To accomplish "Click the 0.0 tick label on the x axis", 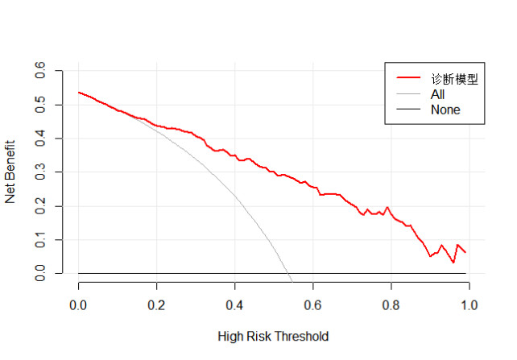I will coord(79,305).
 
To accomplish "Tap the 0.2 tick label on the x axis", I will coord(157,305).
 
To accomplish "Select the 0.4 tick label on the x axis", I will coord(235,305).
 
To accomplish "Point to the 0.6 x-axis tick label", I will coord(313,305).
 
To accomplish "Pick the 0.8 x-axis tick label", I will coord(391,305).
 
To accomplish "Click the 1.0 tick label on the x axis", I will coord(469,305).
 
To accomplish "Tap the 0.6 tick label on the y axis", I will coord(39,72).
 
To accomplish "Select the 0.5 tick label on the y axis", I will coord(39,106).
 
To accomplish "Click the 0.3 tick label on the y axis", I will coord(39,172).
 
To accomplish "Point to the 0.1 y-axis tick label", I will coord(39,240).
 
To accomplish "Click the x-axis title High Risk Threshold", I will coord(273,336).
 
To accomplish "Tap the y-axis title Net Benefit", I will coord(11,172).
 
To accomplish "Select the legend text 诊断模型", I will coord(454,79).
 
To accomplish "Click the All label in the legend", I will coord(438,94).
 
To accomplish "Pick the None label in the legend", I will coord(445,110).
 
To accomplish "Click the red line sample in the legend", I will coord(408,79).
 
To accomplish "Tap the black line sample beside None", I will coord(408,110).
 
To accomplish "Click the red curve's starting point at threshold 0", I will coord(79,93).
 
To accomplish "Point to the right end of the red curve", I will coord(465,252).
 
